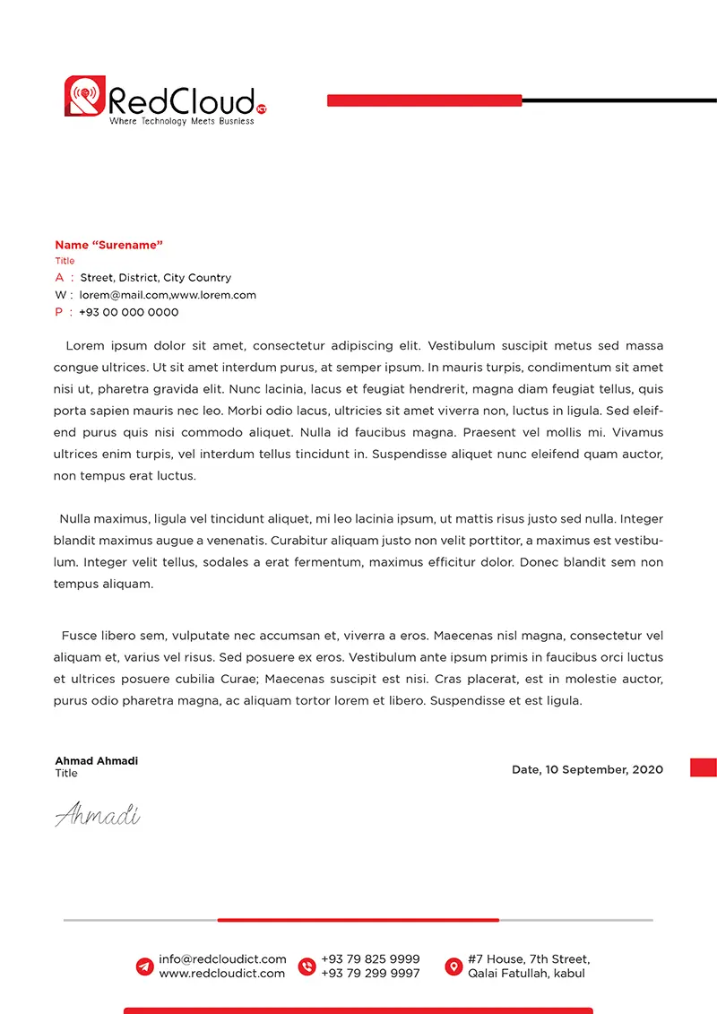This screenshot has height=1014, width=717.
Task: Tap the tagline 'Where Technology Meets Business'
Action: [x=181, y=121]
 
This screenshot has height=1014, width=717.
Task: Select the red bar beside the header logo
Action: [x=424, y=100]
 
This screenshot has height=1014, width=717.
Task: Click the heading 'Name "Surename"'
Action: [x=108, y=245]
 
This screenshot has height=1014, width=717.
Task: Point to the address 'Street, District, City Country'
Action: [x=155, y=278]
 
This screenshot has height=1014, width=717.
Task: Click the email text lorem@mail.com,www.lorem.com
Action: [x=168, y=295]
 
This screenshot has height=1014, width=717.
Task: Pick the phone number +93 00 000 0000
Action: [x=128, y=312]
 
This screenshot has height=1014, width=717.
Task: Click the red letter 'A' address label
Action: [x=59, y=278]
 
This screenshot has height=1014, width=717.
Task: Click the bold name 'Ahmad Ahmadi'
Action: [x=96, y=761]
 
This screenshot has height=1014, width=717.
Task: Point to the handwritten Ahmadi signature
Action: [x=97, y=815]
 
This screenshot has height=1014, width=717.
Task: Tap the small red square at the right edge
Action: [x=703, y=767]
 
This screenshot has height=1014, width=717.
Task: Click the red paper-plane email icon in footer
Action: [x=144, y=966]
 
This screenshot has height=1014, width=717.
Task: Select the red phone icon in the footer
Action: [x=307, y=966]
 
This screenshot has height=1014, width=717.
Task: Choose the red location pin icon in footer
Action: [x=454, y=966]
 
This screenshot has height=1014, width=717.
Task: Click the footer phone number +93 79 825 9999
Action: [x=370, y=959]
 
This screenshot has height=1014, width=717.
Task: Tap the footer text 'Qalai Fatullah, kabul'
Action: [x=526, y=974]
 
